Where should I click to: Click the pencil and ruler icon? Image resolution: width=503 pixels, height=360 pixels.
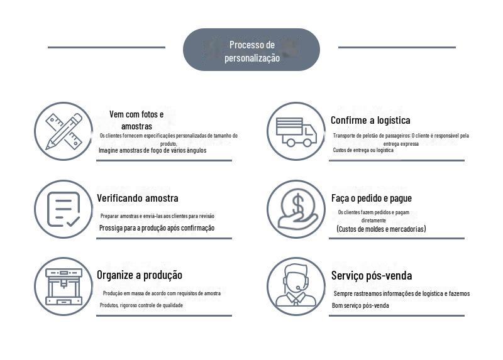point(64,131)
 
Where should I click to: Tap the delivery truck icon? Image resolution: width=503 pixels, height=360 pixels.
point(296,132)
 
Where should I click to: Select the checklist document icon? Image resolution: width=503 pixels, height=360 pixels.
point(64,209)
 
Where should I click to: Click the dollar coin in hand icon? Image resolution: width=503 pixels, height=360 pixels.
point(296,209)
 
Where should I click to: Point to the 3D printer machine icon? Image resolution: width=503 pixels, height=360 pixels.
point(64,286)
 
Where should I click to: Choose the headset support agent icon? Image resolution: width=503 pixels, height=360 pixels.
point(296,286)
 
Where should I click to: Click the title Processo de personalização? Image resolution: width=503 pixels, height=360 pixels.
point(251,51)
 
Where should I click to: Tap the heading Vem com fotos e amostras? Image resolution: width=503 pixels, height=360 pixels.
point(136,120)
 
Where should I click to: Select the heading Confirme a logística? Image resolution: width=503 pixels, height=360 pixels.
point(370,120)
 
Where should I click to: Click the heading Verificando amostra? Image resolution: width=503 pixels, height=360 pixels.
point(138,198)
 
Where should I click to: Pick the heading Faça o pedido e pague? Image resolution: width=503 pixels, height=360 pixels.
point(372,198)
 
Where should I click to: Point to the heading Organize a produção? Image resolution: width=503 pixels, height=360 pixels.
point(140,275)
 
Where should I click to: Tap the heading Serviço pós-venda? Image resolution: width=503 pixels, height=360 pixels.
point(372,275)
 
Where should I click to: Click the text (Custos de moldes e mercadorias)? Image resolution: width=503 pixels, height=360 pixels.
point(381,229)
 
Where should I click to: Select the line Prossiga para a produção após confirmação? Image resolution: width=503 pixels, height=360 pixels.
point(157,228)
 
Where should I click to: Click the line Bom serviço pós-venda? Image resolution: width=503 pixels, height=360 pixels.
point(360,306)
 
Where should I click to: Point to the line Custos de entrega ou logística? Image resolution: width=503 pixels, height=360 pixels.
point(363,151)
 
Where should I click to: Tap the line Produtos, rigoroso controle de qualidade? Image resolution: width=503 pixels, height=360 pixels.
point(141,306)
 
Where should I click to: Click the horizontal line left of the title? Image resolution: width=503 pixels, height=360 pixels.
point(106,47)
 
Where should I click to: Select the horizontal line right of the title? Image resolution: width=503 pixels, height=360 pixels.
point(397,47)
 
